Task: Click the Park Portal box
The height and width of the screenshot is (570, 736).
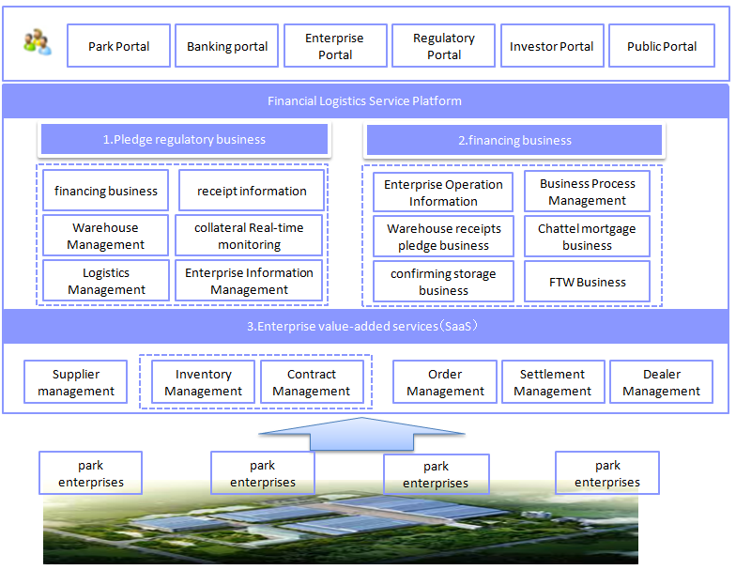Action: click(118, 46)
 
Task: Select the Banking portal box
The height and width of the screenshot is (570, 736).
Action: click(226, 46)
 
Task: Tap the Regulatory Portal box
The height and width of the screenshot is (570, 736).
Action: click(444, 46)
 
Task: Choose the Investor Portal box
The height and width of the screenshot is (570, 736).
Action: click(551, 46)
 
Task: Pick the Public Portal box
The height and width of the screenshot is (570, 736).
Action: click(661, 46)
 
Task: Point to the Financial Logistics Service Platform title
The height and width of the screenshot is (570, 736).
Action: click(364, 100)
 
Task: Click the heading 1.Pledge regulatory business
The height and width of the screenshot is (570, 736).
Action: click(184, 139)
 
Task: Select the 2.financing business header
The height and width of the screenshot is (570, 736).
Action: click(514, 140)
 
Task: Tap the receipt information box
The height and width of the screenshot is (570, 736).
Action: click(252, 191)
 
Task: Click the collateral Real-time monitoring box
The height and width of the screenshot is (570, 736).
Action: click(249, 236)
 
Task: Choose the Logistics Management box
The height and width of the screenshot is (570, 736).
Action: click(106, 281)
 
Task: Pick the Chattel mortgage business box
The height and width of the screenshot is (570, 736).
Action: click(587, 237)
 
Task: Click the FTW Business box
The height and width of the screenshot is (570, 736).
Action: click(587, 282)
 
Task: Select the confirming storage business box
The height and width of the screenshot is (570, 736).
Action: click(443, 282)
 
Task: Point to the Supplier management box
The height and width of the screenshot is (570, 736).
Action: click(76, 382)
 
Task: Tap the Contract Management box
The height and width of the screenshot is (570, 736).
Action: click(311, 382)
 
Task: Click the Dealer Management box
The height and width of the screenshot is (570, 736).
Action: click(661, 382)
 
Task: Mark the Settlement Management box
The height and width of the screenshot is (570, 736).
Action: click(552, 382)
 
